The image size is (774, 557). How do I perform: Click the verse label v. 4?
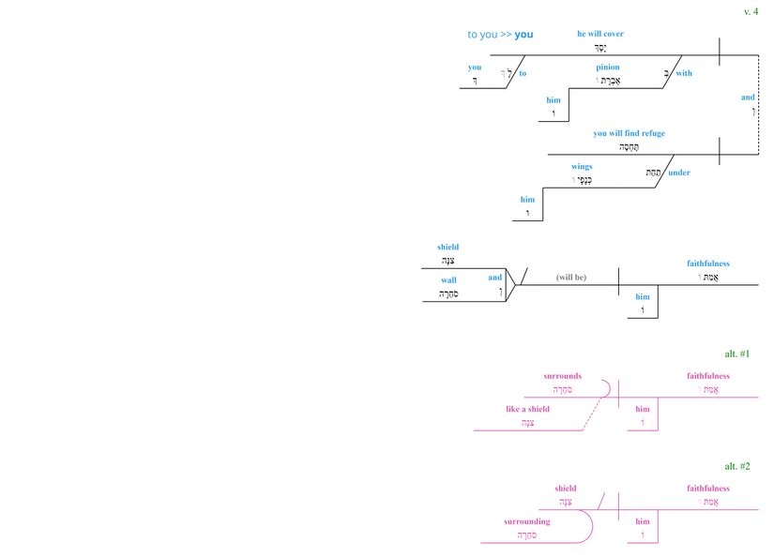point(751,11)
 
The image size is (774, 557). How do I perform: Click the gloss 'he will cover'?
point(600,34)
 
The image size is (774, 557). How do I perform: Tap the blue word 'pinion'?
point(608,68)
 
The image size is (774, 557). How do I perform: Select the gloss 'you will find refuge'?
point(629,133)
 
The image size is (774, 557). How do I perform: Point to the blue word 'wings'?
point(582,166)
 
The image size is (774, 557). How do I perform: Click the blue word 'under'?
point(679,173)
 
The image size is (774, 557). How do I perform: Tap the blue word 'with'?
point(684,73)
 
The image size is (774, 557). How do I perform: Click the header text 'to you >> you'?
point(500,35)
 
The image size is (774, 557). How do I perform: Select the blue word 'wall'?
point(448,280)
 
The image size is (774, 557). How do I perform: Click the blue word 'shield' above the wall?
point(448,248)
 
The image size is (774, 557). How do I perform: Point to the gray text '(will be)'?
point(570,278)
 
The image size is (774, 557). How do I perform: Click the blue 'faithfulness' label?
point(707,263)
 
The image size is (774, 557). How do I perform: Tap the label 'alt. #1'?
point(736,354)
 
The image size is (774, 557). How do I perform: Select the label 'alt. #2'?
point(736,466)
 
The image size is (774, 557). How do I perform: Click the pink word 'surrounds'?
point(562,376)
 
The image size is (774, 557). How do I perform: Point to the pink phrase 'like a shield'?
point(527,409)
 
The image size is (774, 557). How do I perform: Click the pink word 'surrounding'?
point(526,521)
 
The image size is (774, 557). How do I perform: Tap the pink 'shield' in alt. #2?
point(566,489)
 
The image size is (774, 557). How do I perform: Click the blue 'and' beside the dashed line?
point(748,98)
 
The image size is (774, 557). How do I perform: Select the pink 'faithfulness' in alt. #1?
point(707,376)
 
